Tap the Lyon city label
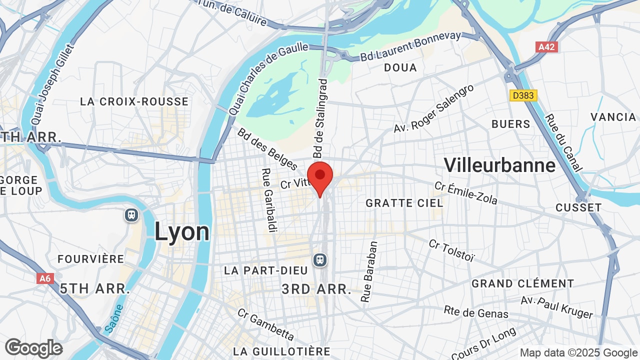coord(182,232)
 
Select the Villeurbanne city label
coord(499,165)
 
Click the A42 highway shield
coord(546,47)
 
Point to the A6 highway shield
coord(45,278)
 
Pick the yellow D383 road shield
coord(523,95)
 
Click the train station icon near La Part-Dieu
coord(320,260)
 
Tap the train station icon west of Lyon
coord(131,215)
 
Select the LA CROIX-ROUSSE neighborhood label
coord(134,101)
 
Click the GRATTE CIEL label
coord(404,203)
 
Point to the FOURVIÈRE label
coord(91,259)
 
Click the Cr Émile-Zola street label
coord(465,193)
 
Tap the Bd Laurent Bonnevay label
coord(410,46)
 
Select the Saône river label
coord(113,319)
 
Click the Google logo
coord(33,348)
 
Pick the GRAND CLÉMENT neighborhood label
coord(523,283)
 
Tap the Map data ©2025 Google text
coord(578,352)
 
